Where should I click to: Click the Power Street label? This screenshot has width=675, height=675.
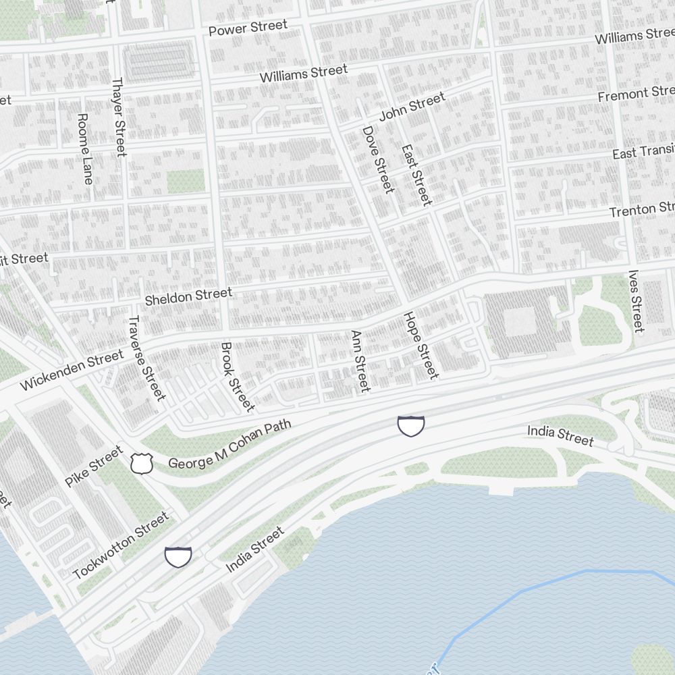point(248,28)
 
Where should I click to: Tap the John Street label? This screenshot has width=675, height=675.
point(412,107)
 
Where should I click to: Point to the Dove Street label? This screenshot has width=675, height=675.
point(378,159)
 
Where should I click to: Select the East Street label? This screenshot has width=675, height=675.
point(416,175)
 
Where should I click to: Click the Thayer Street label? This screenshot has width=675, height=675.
point(119,117)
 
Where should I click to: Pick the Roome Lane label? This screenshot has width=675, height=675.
point(85,148)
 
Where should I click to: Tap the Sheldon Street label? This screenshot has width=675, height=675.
point(188,295)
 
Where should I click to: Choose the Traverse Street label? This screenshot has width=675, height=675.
point(146,358)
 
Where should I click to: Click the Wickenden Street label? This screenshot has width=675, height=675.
point(72,369)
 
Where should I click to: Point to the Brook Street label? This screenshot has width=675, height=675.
point(238,377)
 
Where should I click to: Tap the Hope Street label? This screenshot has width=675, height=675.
point(421,346)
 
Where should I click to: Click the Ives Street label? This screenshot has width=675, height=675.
point(636,301)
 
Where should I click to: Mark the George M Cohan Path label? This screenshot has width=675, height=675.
point(230,443)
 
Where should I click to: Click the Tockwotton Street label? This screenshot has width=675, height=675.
point(121,545)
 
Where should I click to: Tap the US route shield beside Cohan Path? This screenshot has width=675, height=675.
point(142,463)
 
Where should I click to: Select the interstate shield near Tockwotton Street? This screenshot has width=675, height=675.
point(179,557)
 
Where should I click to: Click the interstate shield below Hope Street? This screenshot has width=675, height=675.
point(410,426)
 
